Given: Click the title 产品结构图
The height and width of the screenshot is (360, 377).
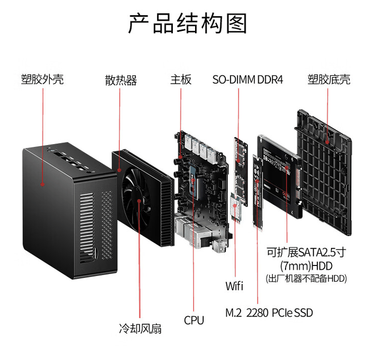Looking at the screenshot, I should (188, 24).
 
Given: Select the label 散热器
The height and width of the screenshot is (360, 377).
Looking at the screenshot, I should (121, 80).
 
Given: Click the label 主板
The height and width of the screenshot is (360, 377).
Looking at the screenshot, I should (180, 79).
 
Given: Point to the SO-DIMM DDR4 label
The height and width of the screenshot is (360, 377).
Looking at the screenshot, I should (248, 79).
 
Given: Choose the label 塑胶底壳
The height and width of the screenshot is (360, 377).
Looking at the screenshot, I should (328, 79).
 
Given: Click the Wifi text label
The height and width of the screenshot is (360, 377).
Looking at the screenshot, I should (234, 286).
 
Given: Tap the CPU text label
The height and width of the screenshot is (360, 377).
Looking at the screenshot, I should (194, 320).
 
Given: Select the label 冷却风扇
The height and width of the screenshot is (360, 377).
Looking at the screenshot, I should (140, 329).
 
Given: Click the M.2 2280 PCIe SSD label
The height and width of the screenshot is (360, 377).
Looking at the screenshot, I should (269, 313).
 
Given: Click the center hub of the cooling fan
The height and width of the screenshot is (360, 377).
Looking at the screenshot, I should (139, 200).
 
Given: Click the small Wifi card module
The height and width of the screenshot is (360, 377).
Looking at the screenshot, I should (235, 207).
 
